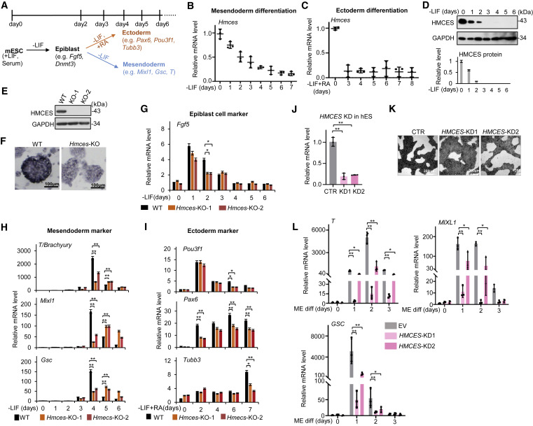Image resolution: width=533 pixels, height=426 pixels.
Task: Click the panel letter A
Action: click(5, 5)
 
